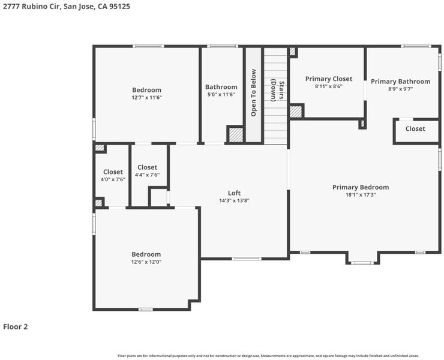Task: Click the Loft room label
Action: pos(234,193)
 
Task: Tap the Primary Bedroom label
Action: pos(361,187)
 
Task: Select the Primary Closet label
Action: pos(329,79)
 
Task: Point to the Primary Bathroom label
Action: pos(400,82)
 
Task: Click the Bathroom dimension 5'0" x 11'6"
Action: pos(221,95)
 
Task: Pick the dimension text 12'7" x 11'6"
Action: pos(146,98)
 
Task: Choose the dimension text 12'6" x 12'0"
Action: pos(146,262)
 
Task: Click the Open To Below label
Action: pos(253,92)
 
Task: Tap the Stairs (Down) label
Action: pos(277,91)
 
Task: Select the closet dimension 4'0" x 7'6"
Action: pos(113,179)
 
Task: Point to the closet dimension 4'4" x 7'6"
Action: pos(147,175)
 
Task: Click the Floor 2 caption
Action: pos(15,327)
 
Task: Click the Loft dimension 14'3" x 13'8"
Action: pos(234,201)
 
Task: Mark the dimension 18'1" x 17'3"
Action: pos(361,195)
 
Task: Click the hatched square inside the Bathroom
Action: pos(236,135)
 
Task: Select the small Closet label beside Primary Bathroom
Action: pos(415,129)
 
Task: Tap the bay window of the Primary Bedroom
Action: pos(362,263)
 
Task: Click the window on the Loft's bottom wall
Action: pos(247,259)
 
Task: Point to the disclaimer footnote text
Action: pos(268,356)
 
